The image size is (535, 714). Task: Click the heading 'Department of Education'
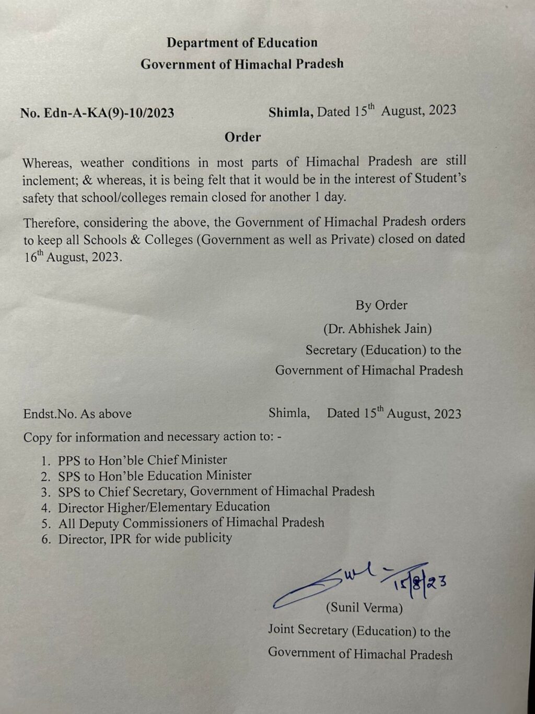242,43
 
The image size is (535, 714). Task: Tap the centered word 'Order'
242,137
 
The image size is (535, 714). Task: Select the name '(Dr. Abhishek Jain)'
377,328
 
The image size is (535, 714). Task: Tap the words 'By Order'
381,305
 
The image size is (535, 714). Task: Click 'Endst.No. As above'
77,414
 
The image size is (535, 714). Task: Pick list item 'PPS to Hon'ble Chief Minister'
142,460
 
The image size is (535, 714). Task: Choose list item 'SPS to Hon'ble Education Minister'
155,476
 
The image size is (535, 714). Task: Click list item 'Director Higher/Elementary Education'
164,507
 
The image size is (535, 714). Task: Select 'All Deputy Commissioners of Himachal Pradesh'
191,523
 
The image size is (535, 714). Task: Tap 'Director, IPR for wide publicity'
145,538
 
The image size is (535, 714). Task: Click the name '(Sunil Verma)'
364,608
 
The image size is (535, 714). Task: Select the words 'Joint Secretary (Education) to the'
359,631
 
